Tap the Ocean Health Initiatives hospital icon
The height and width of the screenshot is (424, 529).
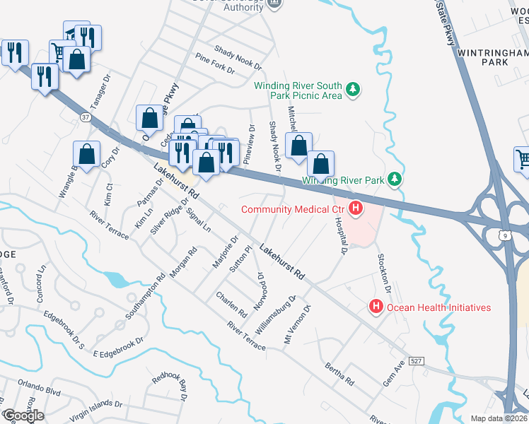pyautogui.click(x=376, y=307)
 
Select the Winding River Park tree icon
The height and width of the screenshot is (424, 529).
pyautogui.click(x=396, y=180)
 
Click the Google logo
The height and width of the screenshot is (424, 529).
pyautogui.click(x=23, y=416)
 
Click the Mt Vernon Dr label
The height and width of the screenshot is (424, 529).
pyautogui.click(x=297, y=324)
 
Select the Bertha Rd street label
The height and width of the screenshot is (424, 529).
pyautogui.click(x=339, y=375)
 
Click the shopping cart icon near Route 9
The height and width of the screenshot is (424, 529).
pyautogui.click(x=523, y=158)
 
